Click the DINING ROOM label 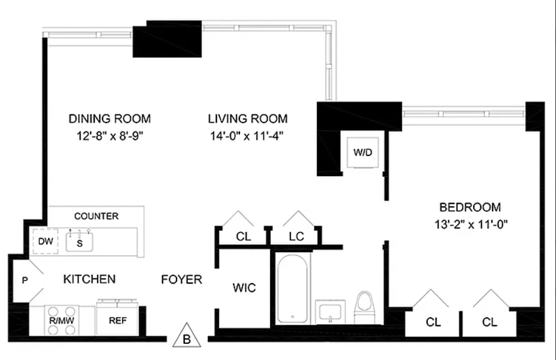(x=109, y=118)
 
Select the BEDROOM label (x=470, y=207)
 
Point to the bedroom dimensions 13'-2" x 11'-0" (x=471, y=224)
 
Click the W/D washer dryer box (x=363, y=153)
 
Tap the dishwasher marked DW (x=45, y=242)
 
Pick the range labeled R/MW (x=62, y=321)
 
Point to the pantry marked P (x=25, y=280)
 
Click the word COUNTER (x=96, y=216)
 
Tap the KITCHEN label (x=89, y=279)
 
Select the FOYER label (x=182, y=279)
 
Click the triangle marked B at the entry (x=187, y=336)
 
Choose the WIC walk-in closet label (x=244, y=288)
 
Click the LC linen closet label (x=296, y=236)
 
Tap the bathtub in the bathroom (x=292, y=289)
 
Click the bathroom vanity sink (x=330, y=311)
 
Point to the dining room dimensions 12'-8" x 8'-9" (x=109, y=136)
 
